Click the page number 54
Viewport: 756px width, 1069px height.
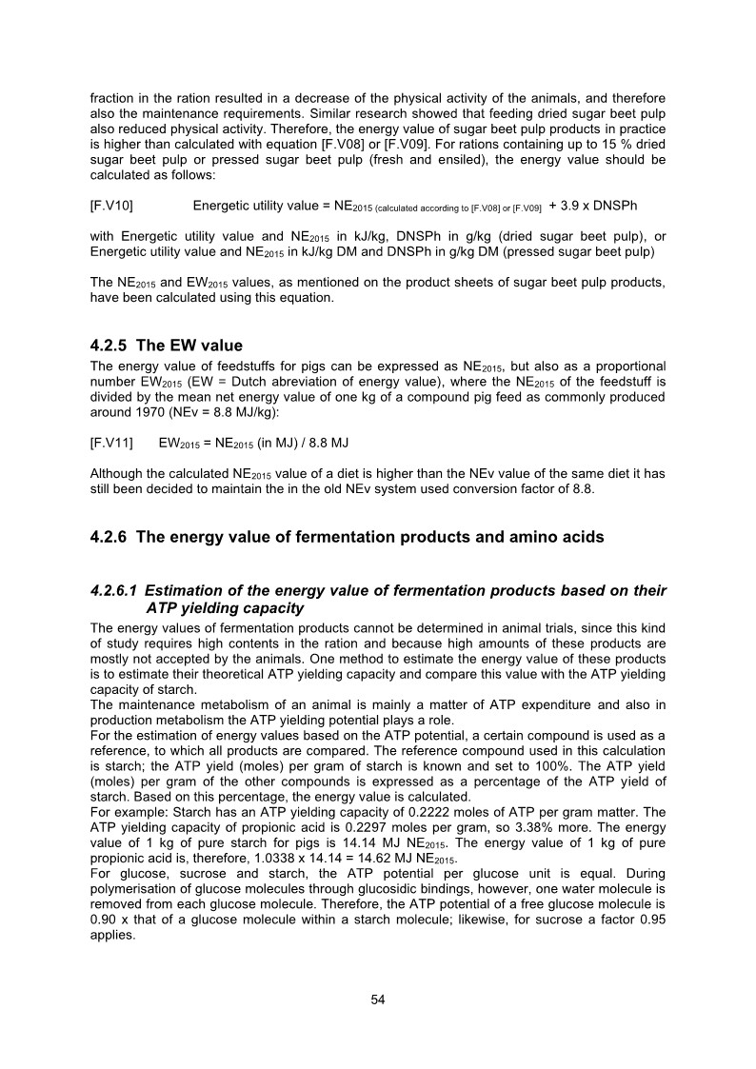point(377,1000)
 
